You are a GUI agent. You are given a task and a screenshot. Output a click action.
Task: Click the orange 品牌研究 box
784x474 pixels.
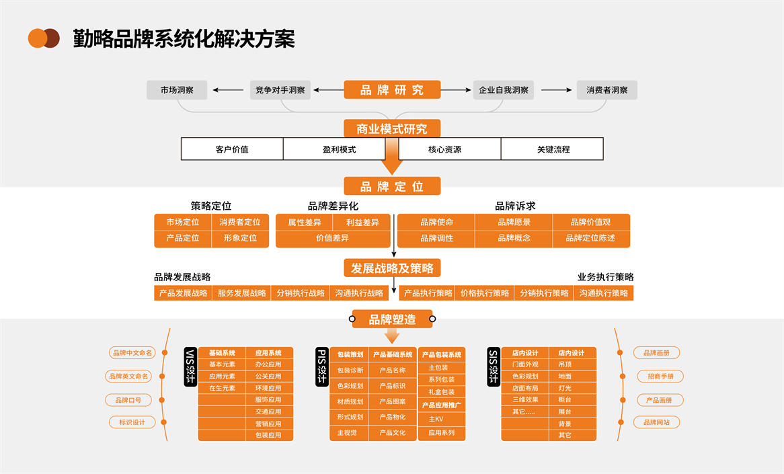pos(392,90)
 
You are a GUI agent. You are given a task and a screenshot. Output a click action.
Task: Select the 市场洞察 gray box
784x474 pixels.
pos(177,90)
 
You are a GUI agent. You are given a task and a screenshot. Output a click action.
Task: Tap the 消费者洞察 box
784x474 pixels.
pos(606,90)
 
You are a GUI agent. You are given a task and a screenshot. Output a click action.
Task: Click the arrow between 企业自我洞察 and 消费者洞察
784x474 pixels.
pos(556,90)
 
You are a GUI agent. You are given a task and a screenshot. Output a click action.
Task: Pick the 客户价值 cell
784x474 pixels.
pos(232,149)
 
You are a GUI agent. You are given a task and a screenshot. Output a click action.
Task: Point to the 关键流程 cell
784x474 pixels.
pos(553,149)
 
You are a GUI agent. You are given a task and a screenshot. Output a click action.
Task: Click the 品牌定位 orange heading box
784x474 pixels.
pos(392,186)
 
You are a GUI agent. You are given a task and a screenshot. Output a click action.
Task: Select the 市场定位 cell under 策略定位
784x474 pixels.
pos(183,223)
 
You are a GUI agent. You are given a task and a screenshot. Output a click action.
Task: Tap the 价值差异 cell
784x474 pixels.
pos(333,238)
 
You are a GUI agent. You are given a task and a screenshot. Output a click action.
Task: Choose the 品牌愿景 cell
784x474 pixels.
pos(514,223)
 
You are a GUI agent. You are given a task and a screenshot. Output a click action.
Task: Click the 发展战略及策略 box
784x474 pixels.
pos(392,268)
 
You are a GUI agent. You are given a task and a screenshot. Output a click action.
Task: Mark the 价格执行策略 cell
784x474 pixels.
pos(485,293)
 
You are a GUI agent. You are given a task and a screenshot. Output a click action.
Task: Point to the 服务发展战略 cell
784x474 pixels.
pos(242,293)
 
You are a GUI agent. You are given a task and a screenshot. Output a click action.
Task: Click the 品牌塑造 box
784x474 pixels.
pos(392,319)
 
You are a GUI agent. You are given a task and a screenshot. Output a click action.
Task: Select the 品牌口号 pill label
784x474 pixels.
pos(128,400)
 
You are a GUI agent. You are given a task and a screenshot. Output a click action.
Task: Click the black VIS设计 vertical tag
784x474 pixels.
pos(190,367)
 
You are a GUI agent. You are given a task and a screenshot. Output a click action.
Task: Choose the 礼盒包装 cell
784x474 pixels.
pos(441,392)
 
